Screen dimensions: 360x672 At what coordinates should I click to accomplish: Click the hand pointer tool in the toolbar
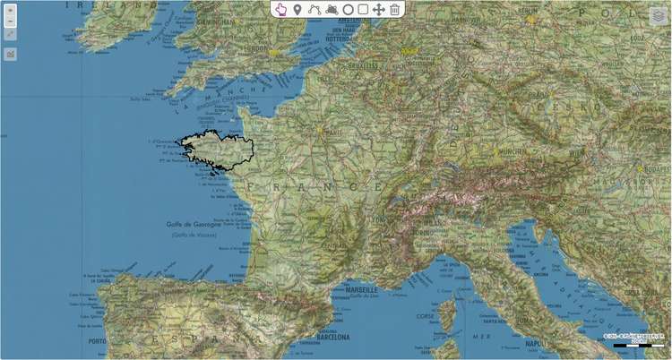(280, 9)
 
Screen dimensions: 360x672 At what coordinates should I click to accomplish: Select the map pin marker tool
(297, 9)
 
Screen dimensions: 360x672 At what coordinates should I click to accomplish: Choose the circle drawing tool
(348, 9)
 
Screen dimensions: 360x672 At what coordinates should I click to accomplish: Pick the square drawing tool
(363, 9)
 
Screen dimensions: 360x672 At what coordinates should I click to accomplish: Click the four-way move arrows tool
(378, 9)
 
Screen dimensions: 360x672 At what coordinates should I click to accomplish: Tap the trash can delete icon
(394, 9)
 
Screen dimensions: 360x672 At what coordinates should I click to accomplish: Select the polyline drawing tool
(314, 9)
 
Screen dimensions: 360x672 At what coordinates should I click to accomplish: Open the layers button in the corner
(659, 16)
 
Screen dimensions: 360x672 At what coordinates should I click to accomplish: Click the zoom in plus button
(10, 11)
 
